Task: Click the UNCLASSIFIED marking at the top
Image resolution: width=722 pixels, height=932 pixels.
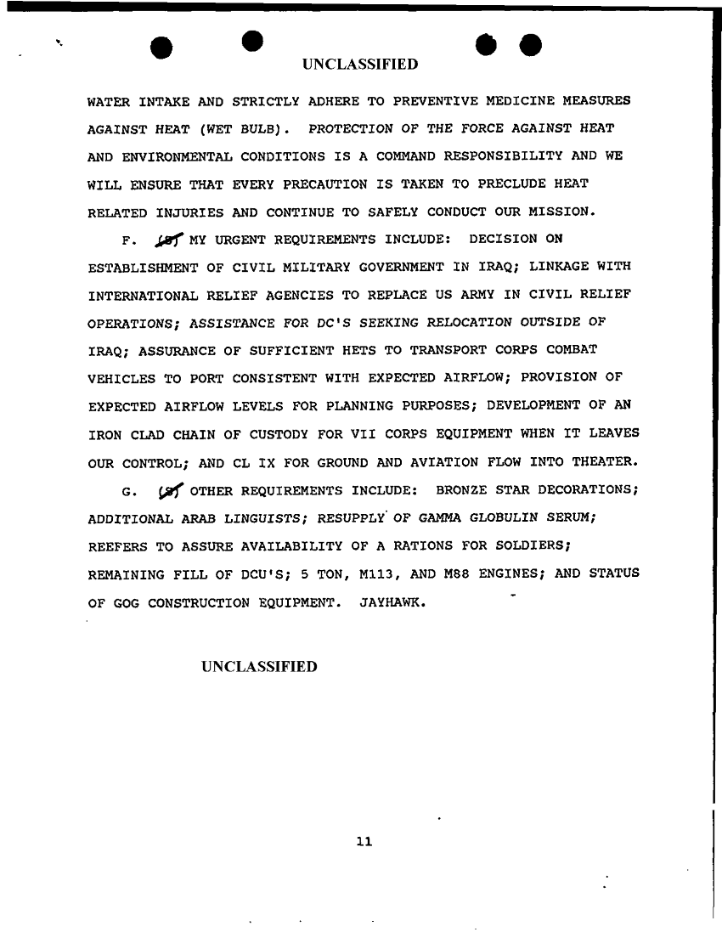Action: [360, 65]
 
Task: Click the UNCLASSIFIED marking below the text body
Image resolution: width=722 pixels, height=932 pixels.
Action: [259, 667]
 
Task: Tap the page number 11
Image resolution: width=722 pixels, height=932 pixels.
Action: [364, 842]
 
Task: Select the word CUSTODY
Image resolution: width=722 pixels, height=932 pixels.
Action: [280, 434]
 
